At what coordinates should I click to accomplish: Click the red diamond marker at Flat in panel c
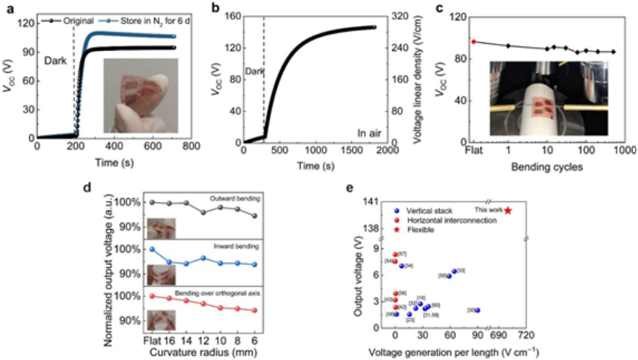point(473,42)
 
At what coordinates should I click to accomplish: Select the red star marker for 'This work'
point(508,210)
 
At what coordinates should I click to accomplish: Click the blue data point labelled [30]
point(478,310)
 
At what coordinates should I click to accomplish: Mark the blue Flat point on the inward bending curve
point(152,249)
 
